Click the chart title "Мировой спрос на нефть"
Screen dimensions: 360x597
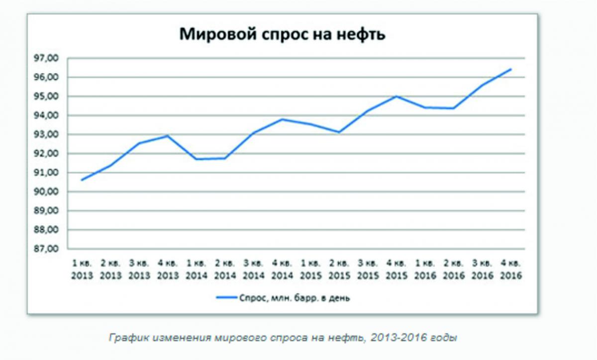282,34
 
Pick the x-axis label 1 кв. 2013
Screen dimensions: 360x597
82,269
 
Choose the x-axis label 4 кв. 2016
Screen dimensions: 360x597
510,269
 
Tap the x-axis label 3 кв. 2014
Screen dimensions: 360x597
253,269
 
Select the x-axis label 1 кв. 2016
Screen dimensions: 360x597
424,269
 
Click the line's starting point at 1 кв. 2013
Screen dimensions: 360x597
82,180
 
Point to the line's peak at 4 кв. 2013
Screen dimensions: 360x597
168,135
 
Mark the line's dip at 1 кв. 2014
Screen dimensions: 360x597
196,159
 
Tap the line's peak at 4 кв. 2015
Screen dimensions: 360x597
397,96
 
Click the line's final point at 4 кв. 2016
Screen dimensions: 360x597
510,69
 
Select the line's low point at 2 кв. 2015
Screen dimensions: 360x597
339,132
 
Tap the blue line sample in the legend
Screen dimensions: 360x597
226,298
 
